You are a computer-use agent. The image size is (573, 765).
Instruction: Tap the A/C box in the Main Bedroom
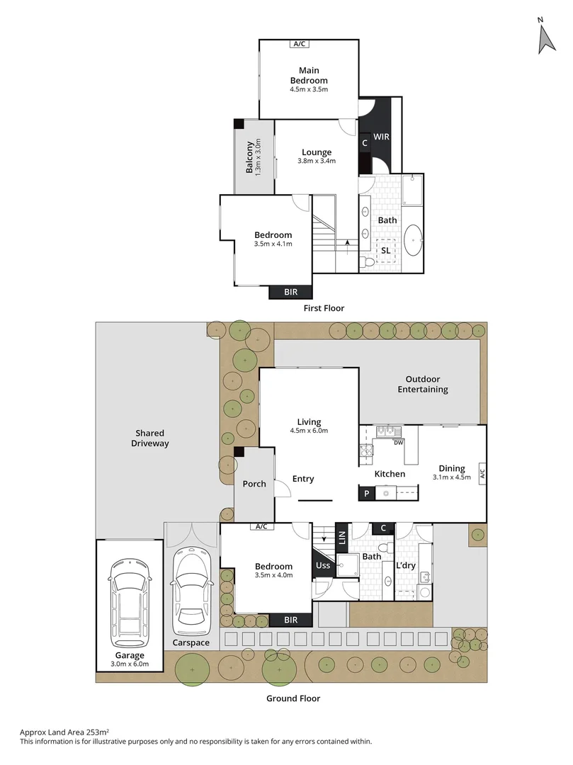click(x=300, y=44)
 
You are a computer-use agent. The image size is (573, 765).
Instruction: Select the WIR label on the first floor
click(x=381, y=137)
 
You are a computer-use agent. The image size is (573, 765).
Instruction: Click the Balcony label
click(x=249, y=157)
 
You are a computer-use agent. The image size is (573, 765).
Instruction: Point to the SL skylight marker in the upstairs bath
click(x=386, y=251)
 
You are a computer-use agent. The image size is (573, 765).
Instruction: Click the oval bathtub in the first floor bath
click(x=414, y=240)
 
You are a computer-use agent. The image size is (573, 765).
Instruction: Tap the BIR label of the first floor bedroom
click(x=290, y=292)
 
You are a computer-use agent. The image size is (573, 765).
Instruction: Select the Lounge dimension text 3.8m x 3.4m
click(x=317, y=161)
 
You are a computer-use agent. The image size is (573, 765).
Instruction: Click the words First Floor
click(x=324, y=308)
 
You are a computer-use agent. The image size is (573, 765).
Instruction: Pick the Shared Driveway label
click(x=149, y=438)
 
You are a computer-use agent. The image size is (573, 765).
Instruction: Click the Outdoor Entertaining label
click(x=423, y=384)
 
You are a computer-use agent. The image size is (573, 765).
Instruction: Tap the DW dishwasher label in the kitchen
click(x=399, y=443)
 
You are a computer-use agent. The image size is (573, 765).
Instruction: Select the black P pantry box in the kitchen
click(x=366, y=493)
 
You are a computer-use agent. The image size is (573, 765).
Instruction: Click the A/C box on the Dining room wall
click(x=482, y=474)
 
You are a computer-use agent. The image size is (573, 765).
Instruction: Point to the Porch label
click(x=254, y=484)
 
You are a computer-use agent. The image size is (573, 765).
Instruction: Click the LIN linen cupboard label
click(x=342, y=538)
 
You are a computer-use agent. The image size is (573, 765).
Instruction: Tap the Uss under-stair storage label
click(x=323, y=565)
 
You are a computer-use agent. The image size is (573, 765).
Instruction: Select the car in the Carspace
click(x=193, y=590)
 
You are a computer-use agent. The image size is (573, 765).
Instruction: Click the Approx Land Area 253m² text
click(x=64, y=732)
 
